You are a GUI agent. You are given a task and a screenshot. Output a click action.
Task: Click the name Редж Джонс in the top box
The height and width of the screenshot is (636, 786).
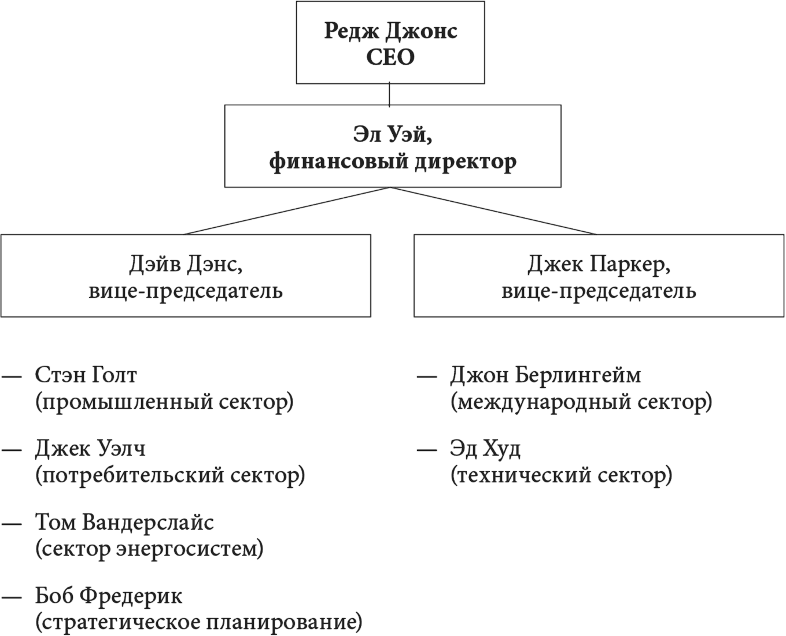tap(390, 31)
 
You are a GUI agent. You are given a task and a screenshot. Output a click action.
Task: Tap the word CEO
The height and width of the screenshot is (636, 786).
tap(390, 57)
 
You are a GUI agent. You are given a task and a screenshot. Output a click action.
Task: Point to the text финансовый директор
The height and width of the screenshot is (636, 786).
tap(393, 162)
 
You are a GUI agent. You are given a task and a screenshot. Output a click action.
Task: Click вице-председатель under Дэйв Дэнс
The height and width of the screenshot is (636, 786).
tap(186, 291)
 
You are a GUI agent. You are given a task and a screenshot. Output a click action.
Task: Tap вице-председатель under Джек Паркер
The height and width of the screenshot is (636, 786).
tap(599, 291)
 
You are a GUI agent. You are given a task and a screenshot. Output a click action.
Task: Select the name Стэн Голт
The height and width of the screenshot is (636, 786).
tap(86, 375)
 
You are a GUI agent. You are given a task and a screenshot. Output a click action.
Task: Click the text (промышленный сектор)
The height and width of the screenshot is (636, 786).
tap(164, 402)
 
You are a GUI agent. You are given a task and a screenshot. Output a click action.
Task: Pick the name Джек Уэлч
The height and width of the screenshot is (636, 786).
tap(90, 449)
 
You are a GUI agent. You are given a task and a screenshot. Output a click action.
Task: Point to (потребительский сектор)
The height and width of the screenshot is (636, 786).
tap(170, 476)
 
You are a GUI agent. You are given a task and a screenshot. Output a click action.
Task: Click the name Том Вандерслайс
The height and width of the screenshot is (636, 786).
tap(124, 523)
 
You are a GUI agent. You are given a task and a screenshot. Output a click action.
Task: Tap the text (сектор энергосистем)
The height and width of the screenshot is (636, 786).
tap(149, 549)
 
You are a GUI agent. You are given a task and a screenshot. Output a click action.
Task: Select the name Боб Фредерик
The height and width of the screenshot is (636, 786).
tap(109, 596)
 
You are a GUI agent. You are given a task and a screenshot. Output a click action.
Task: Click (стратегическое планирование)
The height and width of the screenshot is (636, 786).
tap(198, 623)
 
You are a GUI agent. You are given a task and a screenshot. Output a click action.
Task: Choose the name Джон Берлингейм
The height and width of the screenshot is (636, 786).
tap(545, 375)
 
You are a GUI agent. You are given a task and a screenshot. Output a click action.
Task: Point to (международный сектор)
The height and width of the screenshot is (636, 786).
tap(581, 402)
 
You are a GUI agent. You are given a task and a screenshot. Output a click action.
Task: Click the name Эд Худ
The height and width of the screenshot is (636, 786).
tap(485, 449)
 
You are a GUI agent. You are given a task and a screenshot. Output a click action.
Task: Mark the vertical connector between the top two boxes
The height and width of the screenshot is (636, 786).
tap(389, 94)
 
